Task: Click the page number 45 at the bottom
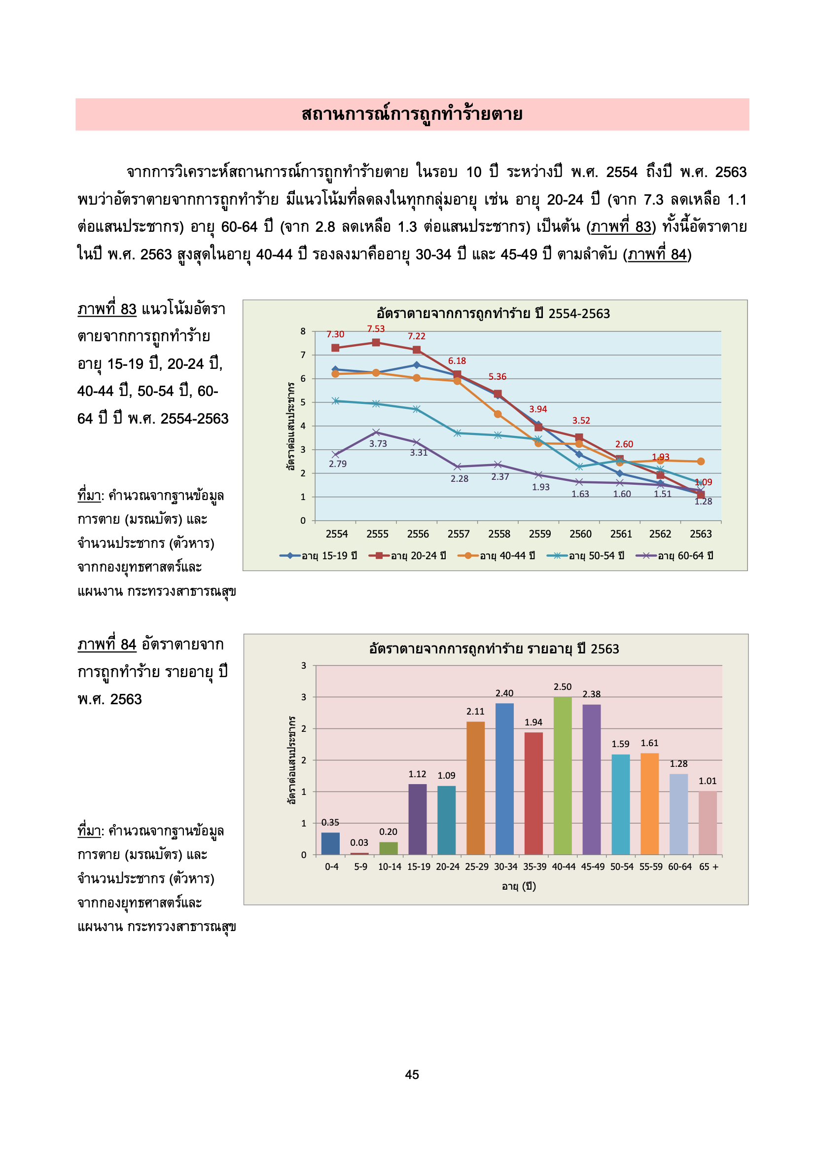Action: click(412, 1074)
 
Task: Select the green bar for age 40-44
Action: click(563, 775)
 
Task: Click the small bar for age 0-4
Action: click(330, 843)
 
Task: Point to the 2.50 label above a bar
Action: click(563, 686)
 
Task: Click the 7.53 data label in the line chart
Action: click(376, 329)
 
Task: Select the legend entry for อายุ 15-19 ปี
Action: click(319, 555)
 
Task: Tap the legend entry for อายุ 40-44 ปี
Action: click(496, 555)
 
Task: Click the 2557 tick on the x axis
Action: click(459, 534)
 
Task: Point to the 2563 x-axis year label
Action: click(701, 534)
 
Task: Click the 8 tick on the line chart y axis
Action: click(303, 331)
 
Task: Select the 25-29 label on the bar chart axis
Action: click(477, 866)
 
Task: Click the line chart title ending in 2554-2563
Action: click(493, 313)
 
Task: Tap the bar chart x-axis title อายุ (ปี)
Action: click(519, 886)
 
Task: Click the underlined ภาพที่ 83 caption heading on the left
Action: click(107, 309)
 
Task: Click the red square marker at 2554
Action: click(335, 348)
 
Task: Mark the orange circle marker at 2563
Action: click(701, 461)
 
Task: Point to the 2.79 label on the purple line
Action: click(337, 464)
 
